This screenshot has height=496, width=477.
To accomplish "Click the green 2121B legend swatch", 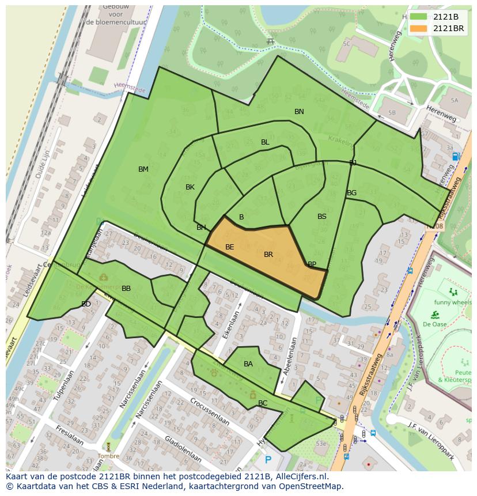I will pyautogui.click(x=419, y=17).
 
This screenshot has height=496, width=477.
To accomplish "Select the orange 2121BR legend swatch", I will pyautogui.click(x=419, y=28).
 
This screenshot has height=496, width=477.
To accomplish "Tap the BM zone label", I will pyautogui.click(x=143, y=169).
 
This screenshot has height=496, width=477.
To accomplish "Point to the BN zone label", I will pyautogui.click(x=299, y=112).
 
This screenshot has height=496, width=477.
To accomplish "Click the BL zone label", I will pyautogui.click(x=265, y=142).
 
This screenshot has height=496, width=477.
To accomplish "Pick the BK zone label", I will pyautogui.click(x=190, y=187).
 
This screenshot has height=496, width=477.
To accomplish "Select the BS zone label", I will pyautogui.click(x=322, y=217).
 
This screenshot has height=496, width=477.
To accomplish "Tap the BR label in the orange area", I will pyautogui.click(x=268, y=255).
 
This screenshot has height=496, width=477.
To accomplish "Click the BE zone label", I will pyautogui.click(x=229, y=247).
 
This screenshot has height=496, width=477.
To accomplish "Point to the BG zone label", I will pyautogui.click(x=351, y=193).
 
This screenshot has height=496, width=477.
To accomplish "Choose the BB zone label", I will pyautogui.click(x=126, y=289).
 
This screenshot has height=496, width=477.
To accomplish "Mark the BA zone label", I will pyautogui.click(x=248, y=364).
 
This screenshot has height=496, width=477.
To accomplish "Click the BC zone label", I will pyautogui.click(x=263, y=403).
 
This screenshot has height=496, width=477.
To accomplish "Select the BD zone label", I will pyautogui.click(x=86, y=304).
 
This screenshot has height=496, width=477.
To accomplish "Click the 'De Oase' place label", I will pyautogui.click(x=435, y=324).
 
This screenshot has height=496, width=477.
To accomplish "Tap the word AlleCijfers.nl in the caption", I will pyautogui.click(x=299, y=477).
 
